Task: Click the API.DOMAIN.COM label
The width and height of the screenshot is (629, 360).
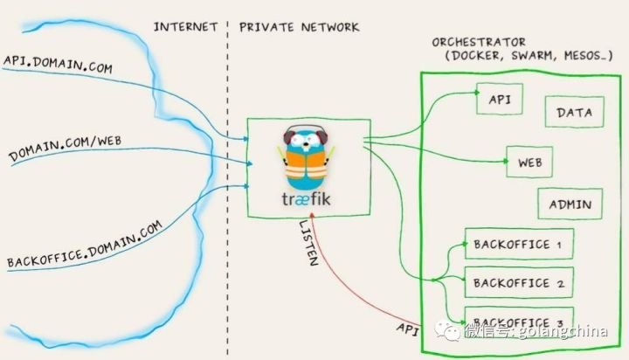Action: click(59, 66)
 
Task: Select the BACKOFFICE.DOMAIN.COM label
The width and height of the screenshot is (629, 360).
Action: click(85, 244)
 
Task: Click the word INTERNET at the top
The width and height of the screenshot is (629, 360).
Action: click(185, 26)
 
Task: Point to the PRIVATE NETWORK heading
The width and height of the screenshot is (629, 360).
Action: click(298, 26)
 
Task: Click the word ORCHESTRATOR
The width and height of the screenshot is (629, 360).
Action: click(479, 41)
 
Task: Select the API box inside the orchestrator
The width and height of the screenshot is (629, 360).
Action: click(499, 99)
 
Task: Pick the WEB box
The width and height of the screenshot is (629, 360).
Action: click(530, 162)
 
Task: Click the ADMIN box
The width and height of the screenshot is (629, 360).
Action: click(570, 204)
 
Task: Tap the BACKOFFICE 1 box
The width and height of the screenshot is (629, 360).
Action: click(518, 244)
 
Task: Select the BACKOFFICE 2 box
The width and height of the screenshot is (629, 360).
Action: click(518, 282)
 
